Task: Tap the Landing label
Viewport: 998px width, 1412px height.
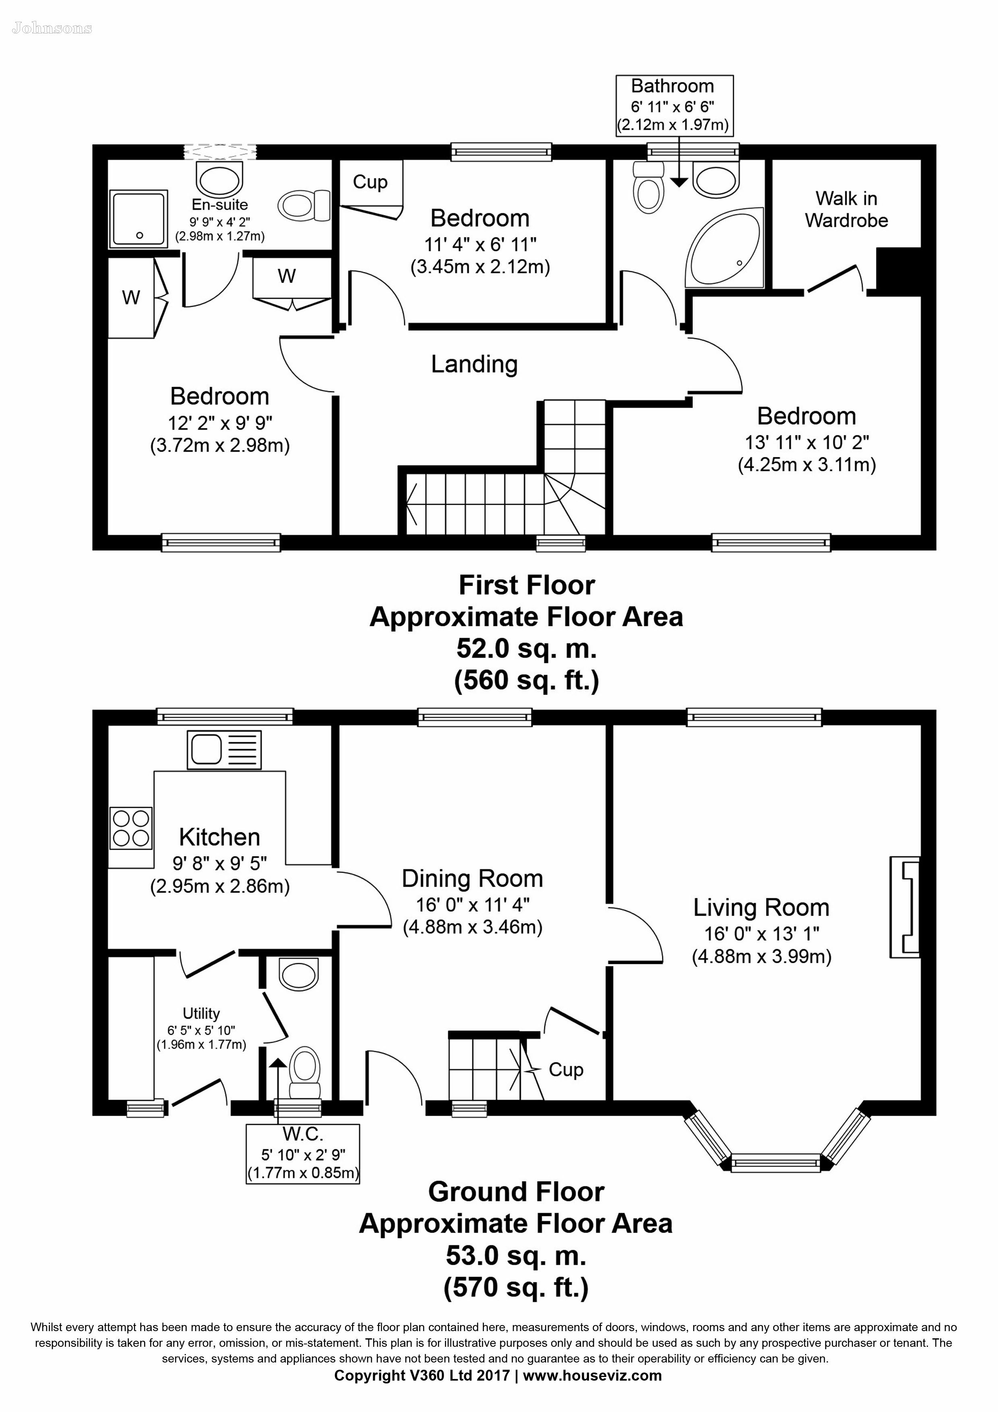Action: click(474, 364)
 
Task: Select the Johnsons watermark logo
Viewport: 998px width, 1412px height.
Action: click(52, 28)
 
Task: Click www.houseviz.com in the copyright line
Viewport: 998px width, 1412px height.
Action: click(592, 1376)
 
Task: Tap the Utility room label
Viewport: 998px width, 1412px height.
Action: click(201, 1013)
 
